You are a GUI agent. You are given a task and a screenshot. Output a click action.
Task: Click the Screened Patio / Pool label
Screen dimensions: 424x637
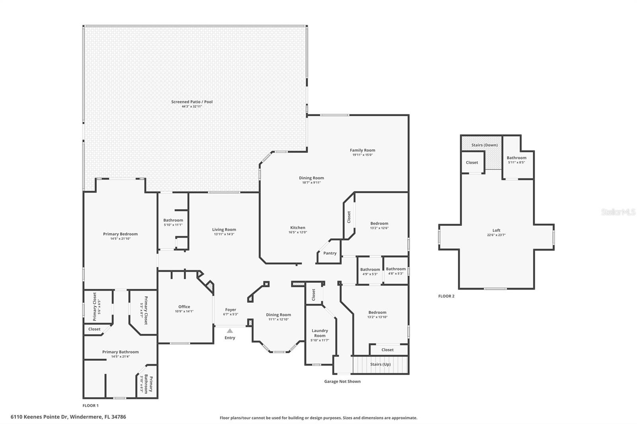click(x=192, y=102)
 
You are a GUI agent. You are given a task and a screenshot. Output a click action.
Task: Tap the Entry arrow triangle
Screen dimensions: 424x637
click(x=230, y=331)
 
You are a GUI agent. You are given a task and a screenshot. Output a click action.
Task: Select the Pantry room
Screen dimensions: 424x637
click(x=330, y=253)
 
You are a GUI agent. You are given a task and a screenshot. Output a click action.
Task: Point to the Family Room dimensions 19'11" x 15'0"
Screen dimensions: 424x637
click(x=362, y=155)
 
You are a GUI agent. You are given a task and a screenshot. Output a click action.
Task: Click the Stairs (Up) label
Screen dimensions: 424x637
click(x=380, y=364)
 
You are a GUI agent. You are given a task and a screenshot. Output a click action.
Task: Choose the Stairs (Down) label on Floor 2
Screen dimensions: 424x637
click(x=484, y=145)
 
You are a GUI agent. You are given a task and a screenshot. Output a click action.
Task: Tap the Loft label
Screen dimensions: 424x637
click(x=496, y=230)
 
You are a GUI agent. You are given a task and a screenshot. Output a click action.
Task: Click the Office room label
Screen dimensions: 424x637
click(x=184, y=307)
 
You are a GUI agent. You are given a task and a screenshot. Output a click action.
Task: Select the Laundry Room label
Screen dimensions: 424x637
click(x=320, y=333)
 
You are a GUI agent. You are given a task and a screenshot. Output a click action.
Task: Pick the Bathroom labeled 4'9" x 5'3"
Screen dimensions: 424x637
click(x=370, y=271)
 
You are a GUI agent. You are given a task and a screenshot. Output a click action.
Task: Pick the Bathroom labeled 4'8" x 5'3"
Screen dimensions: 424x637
click(x=395, y=271)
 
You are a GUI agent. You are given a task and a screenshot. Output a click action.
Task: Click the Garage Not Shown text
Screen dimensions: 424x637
click(x=342, y=381)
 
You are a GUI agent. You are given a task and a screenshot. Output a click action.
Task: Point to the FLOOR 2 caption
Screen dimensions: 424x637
click(x=446, y=296)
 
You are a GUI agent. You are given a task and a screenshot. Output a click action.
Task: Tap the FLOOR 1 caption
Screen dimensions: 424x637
click(x=90, y=406)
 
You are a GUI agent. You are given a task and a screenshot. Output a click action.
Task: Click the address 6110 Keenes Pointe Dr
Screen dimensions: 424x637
click(x=68, y=417)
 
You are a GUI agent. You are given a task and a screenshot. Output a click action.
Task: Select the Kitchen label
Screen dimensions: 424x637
click(x=297, y=228)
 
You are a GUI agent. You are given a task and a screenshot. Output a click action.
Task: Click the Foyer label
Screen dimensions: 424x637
click(x=231, y=310)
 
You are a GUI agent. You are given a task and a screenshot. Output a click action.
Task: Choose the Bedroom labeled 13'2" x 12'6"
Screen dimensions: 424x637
click(x=379, y=226)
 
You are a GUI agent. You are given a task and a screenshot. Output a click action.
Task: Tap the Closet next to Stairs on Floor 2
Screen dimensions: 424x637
click(x=472, y=163)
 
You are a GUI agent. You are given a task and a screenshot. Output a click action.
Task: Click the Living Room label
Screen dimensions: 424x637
click(x=224, y=230)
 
